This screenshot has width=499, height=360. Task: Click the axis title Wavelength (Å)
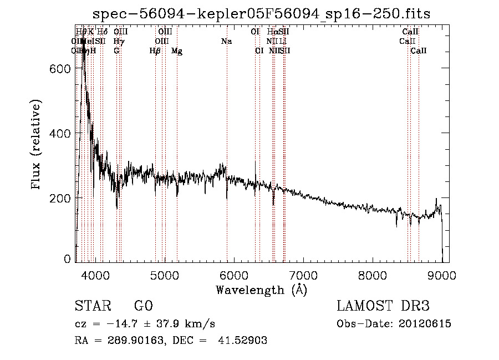tap(261, 290)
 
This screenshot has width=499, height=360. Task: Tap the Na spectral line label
tap(226, 41)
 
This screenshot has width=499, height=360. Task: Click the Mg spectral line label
tap(177, 51)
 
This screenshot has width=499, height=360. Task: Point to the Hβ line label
tap(155, 51)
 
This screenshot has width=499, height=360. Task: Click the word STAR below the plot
tap(91, 307)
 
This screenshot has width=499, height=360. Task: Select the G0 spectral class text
tap(143, 307)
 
